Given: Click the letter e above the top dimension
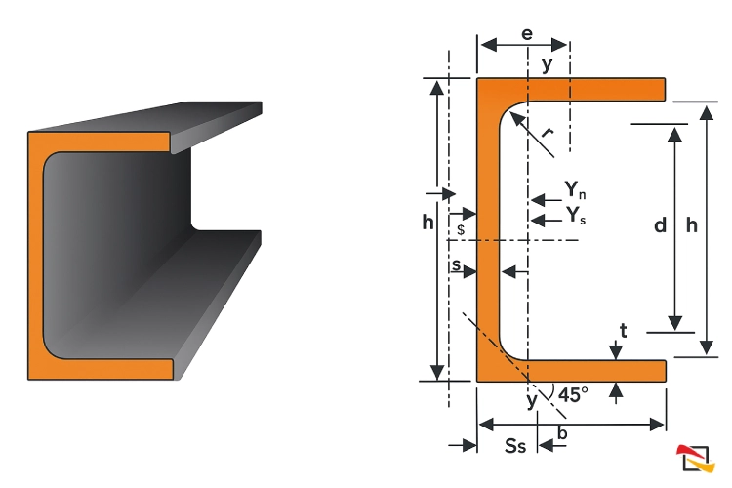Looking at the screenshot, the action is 527,34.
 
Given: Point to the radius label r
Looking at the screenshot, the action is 548,133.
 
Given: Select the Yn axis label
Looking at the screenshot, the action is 575,190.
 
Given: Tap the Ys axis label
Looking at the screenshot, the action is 576,216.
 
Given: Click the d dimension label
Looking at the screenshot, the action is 660,225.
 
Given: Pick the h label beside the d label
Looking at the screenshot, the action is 692,225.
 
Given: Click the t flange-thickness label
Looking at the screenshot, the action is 624,331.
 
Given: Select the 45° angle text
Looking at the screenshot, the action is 573,395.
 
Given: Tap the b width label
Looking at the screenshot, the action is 562,433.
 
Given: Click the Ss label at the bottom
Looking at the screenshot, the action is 515,446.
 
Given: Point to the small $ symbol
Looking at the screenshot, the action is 461,229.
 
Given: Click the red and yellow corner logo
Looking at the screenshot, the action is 696,459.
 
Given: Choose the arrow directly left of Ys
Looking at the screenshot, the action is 547,220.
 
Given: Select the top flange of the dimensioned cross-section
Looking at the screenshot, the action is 571,90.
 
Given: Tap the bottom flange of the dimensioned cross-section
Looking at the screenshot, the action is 571,371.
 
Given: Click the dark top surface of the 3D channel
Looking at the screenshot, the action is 145,117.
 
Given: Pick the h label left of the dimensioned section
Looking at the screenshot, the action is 428,223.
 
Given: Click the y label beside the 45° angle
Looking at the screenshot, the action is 532,401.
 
